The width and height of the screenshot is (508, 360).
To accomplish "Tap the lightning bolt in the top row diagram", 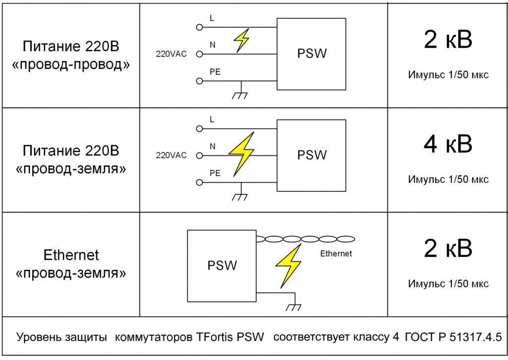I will point(242,40).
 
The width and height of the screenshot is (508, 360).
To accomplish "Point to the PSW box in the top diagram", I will point(311,54).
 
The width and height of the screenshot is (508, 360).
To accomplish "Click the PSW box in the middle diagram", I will point(311,155).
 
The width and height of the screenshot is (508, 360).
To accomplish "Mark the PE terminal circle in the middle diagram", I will point(200,182).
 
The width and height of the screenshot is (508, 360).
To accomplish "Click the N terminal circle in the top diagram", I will point(200,54).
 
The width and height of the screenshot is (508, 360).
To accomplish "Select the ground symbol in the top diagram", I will point(241,94).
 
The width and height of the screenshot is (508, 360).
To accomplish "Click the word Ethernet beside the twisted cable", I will point(336,253).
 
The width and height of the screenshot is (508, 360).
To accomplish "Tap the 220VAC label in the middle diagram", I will point(171,155).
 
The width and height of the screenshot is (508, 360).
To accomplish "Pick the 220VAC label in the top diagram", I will point(171,54).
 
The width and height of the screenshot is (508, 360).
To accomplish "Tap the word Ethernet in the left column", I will point(71,255).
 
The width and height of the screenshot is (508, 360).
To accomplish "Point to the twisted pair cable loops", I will point(306,239).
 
